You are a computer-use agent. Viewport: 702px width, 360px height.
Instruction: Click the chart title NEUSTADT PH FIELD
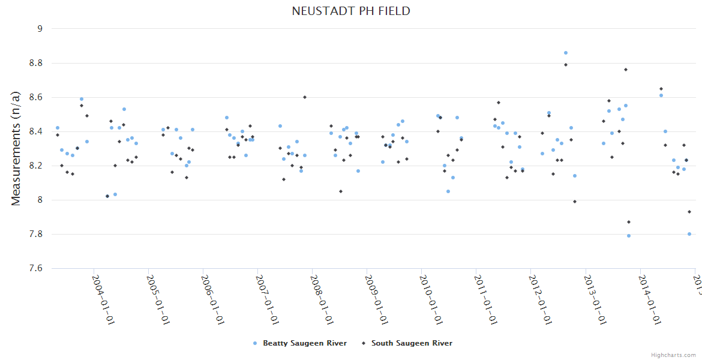351,11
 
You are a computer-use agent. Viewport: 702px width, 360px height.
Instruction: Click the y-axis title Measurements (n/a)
16,148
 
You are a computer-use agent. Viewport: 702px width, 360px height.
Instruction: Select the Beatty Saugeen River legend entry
300,343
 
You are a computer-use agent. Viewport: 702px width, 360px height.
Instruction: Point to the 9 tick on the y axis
40,28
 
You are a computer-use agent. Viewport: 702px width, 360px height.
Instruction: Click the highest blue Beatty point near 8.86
566,53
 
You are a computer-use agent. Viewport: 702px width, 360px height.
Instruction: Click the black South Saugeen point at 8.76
625,70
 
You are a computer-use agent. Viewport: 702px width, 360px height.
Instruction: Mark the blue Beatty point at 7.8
689,234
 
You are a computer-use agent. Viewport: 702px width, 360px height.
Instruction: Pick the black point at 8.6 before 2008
305,97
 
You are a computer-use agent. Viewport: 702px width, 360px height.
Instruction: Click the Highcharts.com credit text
673,355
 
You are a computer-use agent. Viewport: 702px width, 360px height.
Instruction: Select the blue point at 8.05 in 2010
448,191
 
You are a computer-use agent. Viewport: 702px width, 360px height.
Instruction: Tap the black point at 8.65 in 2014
661,89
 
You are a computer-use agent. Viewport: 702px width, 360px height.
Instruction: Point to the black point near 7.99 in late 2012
575,202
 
